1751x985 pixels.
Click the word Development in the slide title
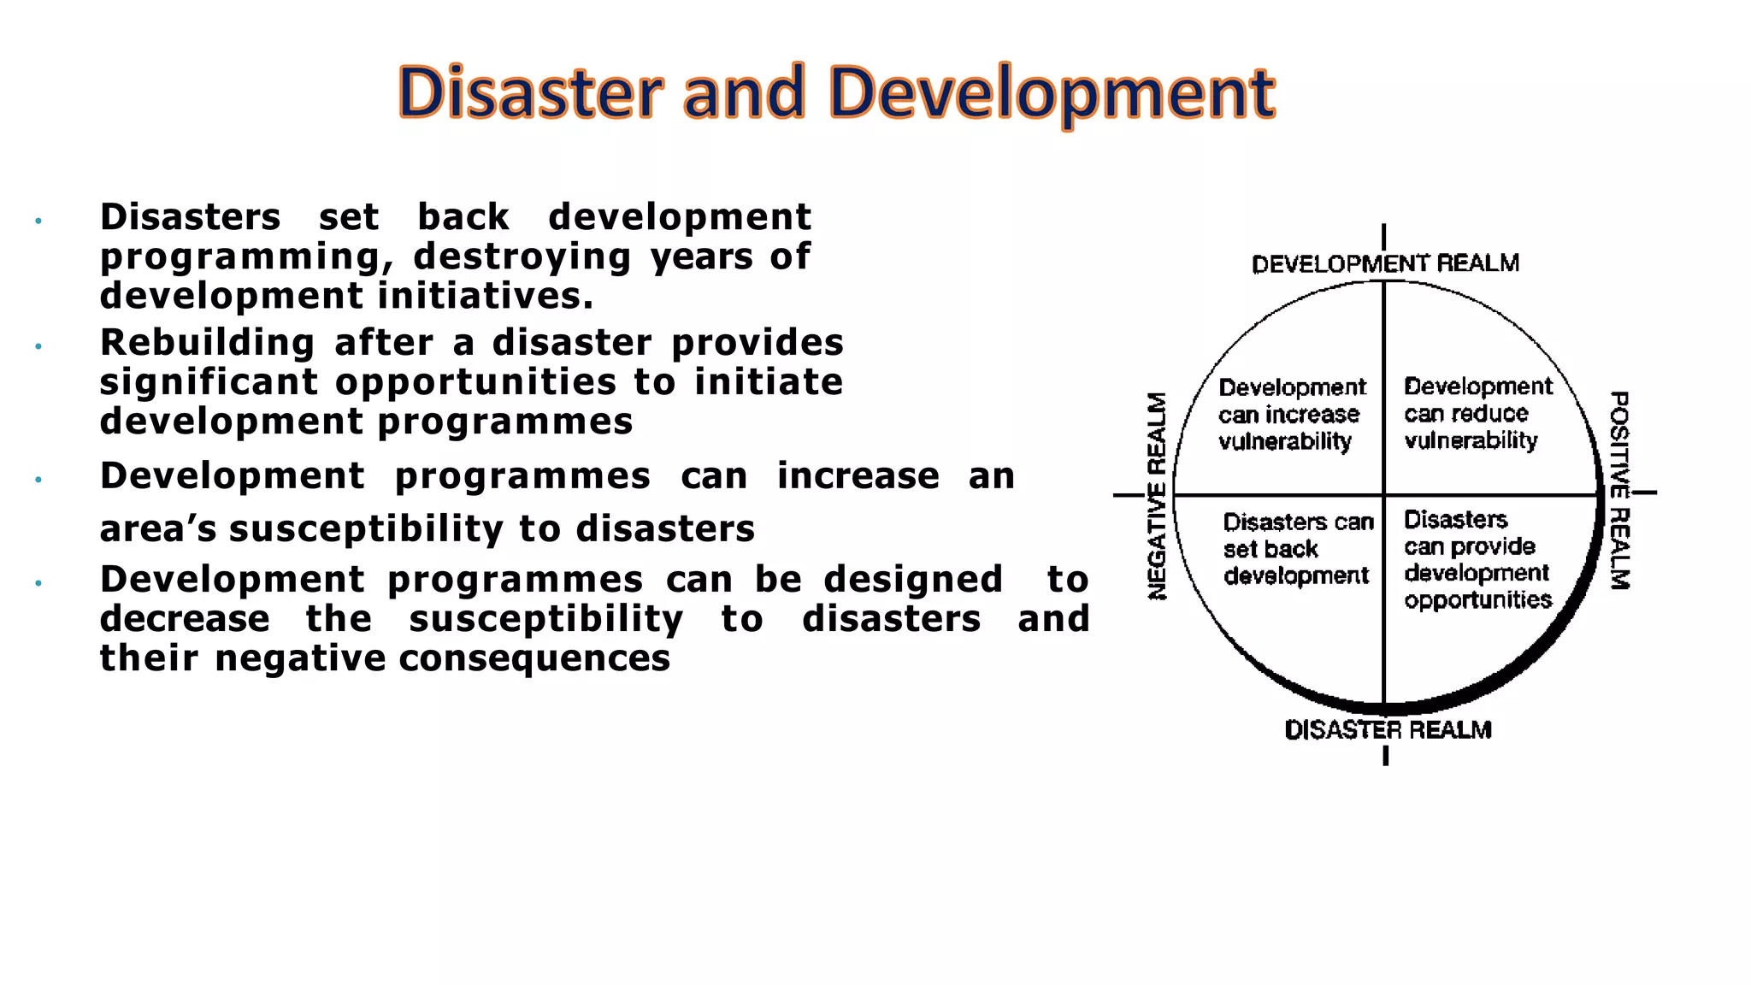coord(1052,94)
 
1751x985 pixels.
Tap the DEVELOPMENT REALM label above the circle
coord(1385,263)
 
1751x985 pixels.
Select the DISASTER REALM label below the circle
coord(1388,729)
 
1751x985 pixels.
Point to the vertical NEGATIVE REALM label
coord(1156,496)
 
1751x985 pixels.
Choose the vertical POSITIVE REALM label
coord(1619,491)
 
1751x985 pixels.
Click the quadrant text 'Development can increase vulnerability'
coord(1291,415)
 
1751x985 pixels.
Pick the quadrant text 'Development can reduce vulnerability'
coord(1477,414)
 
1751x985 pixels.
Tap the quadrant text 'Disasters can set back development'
coord(1297,549)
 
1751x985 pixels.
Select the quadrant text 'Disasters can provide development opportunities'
coord(1477,559)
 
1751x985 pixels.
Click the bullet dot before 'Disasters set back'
coord(38,221)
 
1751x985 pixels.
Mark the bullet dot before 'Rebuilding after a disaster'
coord(38,346)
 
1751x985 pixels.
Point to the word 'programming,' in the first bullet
coord(240,257)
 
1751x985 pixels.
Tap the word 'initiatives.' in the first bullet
coord(486,296)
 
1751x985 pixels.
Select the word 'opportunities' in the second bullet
coord(475,382)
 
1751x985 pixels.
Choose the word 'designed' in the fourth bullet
coord(913,580)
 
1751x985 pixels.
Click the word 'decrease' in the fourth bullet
coord(185,619)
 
